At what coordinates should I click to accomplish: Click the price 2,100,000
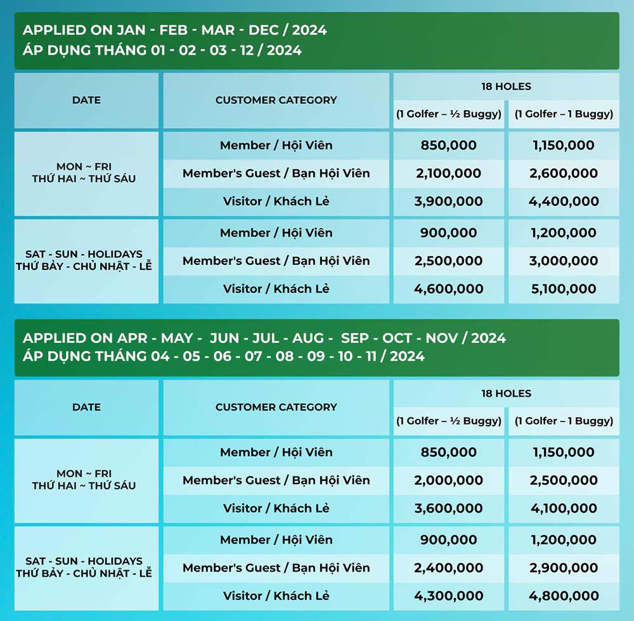click(x=448, y=174)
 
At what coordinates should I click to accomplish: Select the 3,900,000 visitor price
click(x=448, y=202)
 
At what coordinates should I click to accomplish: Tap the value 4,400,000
click(x=564, y=202)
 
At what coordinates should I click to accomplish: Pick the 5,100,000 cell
click(x=564, y=289)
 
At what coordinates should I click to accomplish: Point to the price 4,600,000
click(x=448, y=289)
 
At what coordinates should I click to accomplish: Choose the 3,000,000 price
click(x=564, y=261)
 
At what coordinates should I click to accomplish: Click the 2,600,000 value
click(x=564, y=174)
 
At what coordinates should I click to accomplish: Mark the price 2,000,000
click(x=448, y=480)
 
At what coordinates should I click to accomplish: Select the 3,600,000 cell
click(x=448, y=508)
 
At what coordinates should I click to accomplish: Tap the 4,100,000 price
click(x=564, y=508)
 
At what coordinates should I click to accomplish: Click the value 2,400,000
click(x=448, y=568)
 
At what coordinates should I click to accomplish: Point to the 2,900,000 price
click(x=564, y=568)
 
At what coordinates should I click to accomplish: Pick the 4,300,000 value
click(x=448, y=596)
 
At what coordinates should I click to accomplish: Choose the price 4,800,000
click(x=564, y=596)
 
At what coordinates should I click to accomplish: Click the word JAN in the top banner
click(x=131, y=30)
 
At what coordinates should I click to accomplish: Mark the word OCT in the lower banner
click(x=398, y=338)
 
